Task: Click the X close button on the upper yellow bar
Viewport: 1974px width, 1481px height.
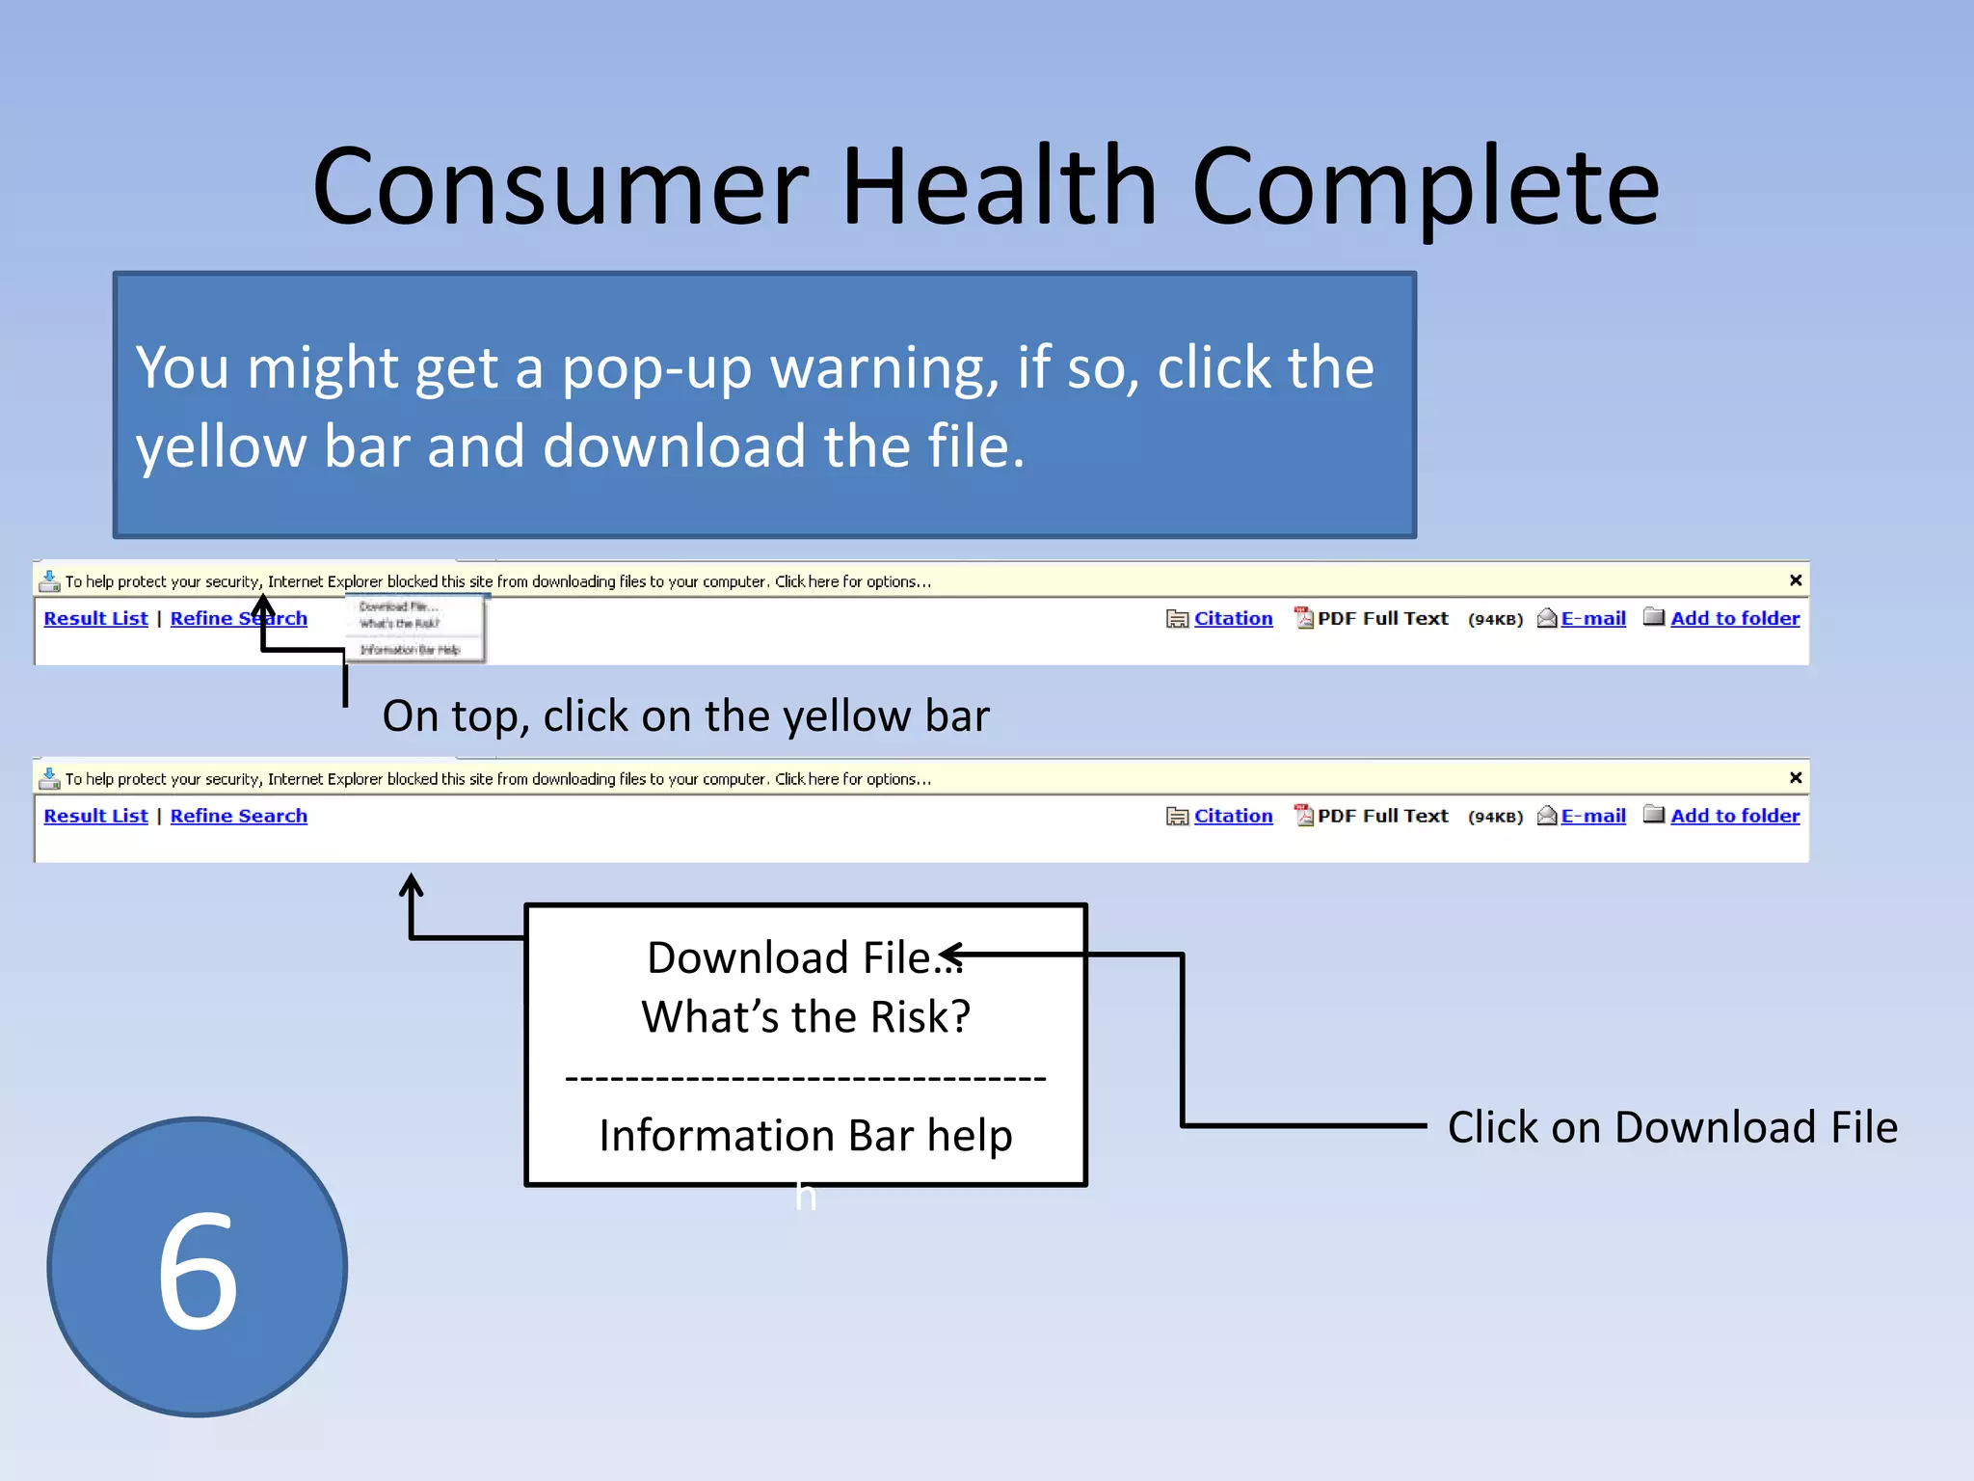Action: pos(1796,580)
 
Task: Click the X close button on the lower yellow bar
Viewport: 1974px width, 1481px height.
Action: pos(1796,778)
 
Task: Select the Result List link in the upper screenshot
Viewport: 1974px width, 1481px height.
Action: pos(95,619)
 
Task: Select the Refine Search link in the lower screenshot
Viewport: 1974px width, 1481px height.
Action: pos(238,817)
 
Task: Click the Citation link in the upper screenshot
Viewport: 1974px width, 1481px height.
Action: pos(1233,619)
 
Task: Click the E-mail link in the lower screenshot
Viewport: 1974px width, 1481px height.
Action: pos(1592,817)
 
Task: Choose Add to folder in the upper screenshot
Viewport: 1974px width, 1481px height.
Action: pos(1734,619)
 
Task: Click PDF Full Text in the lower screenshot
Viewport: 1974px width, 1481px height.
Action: pos(1381,817)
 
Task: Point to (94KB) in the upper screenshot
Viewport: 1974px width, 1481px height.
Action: pos(1495,620)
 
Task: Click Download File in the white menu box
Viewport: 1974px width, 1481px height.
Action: pos(790,958)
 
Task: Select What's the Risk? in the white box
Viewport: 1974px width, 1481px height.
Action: pos(806,1017)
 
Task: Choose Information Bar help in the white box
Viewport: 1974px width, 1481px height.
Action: pos(806,1136)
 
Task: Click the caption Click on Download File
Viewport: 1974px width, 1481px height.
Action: pos(1671,1127)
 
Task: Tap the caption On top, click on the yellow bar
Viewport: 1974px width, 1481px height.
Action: pos(685,716)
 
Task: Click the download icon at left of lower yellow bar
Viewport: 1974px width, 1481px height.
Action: pos(49,777)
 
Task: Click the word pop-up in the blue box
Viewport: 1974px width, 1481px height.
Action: pos(656,368)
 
